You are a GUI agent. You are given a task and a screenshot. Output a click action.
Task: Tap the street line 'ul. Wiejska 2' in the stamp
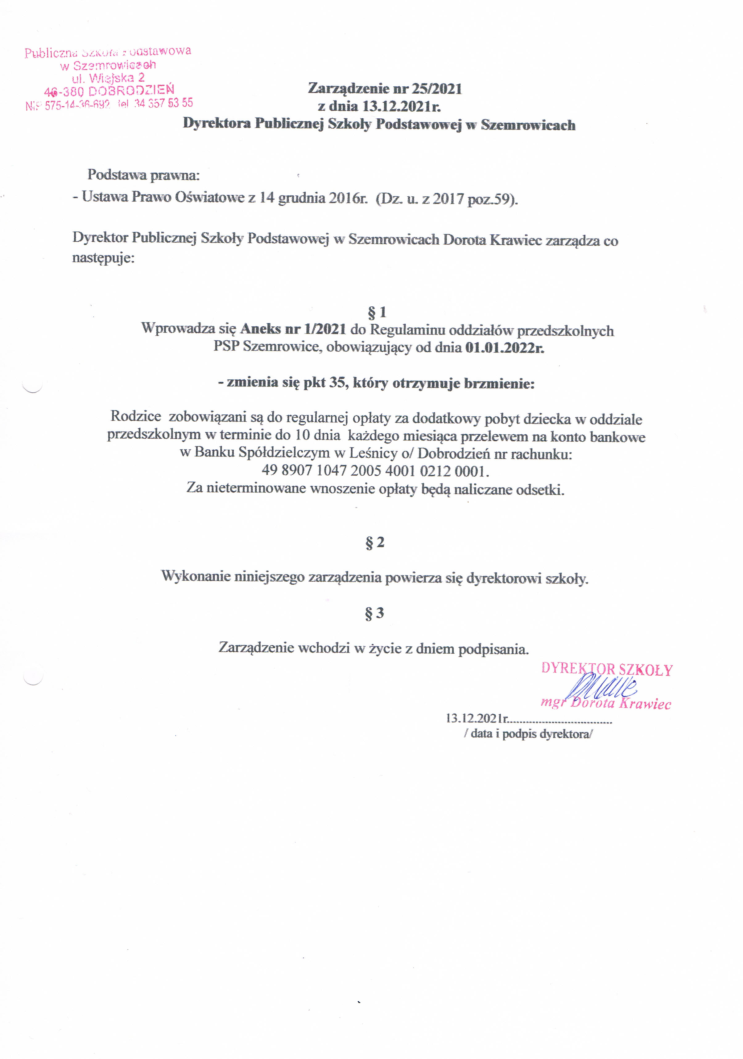108,77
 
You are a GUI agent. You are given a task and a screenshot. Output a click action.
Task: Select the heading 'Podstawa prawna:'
143,175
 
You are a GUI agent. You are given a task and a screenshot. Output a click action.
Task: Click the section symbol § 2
375,542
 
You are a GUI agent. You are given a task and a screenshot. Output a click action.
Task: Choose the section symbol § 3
374,613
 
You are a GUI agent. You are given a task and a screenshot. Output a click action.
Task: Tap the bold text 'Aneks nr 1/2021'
293,329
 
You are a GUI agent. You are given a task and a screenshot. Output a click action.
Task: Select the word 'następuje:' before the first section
103,257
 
